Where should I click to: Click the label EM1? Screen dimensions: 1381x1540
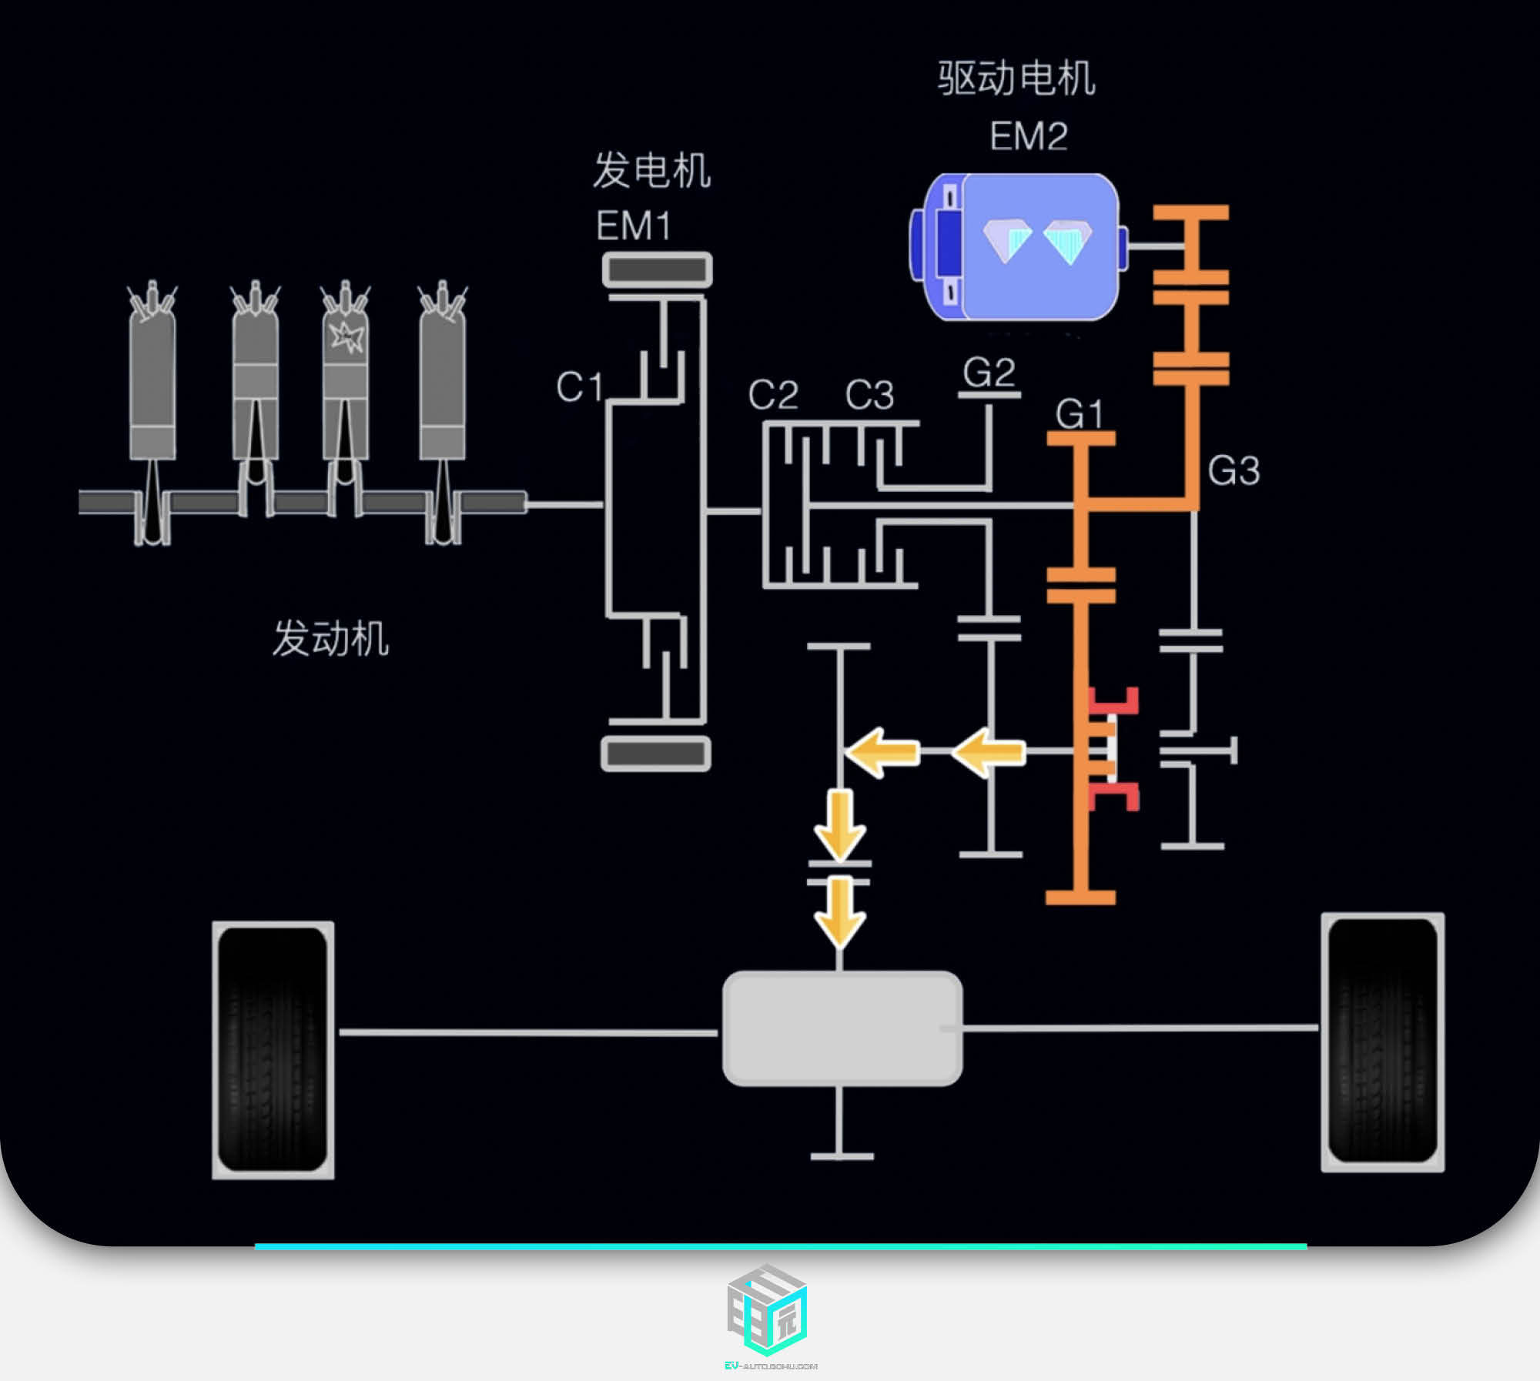click(x=634, y=226)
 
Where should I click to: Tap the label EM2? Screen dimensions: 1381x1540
click(x=1029, y=136)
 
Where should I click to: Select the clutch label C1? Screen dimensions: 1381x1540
click(x=579, y=386)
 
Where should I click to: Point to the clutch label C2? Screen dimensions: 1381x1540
click(x=773, y=395)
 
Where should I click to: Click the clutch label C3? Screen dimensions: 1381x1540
click(x=869, y=395)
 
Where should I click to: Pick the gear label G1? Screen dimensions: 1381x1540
click(x=1080, y=414)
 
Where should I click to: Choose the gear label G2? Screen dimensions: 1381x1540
click(x=989, y=373)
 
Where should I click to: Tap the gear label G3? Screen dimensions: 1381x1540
click(x=1234, y=470)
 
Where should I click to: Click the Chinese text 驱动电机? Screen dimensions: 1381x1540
click(x=1016, y=79)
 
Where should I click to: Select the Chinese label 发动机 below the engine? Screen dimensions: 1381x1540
click(x=331, y=638)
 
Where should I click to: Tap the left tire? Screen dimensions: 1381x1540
click(x=273, y=1049)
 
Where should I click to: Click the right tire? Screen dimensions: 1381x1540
click(x=1383, y=1042)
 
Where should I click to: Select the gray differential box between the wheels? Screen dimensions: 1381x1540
click(x=842, y=1028)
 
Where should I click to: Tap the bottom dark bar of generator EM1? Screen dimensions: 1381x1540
click(x=656, y=754)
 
